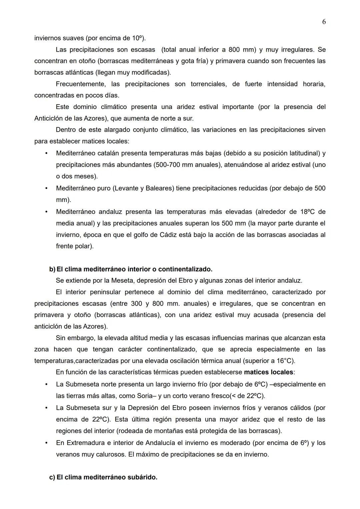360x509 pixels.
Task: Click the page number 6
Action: click(x=324, y=22)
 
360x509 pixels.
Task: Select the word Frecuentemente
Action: click(x=80, y=84)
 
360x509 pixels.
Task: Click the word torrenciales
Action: click(x=209, y=84)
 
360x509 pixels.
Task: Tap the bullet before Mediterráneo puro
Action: click(x=46, y=188)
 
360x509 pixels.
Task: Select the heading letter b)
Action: click(x=52, y=269)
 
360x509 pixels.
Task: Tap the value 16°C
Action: click(x=285, y=361)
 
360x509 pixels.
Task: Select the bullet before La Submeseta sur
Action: click(x=46, y=408)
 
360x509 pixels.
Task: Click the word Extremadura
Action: click(x=85, y=443)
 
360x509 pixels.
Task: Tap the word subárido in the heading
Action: click(x=142, y=477)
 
